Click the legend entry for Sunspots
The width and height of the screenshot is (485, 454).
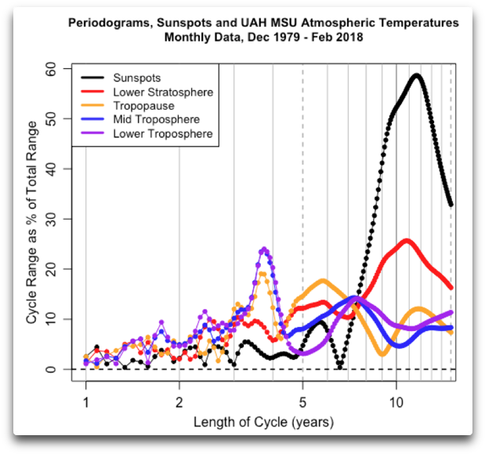[138, 78]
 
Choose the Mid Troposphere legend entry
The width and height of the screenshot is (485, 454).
[156, 119]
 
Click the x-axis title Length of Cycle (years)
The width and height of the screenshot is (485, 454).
[263, 423]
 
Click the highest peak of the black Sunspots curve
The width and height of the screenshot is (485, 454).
[417, 76]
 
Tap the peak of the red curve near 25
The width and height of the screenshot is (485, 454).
[406, 241]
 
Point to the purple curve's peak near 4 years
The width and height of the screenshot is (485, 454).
[264, 249]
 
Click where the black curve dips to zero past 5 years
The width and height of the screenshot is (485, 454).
[338, 368]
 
